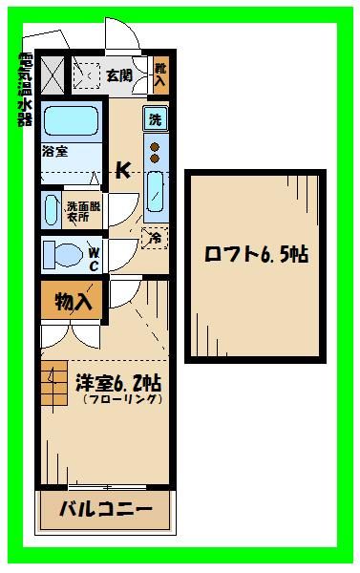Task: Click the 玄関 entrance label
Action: [118, 74]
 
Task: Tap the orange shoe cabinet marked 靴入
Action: [159, 74]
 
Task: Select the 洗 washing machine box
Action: [155, 120]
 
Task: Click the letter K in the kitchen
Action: [123, 171]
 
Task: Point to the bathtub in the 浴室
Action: [71, 122]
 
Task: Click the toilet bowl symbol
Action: [67, 256]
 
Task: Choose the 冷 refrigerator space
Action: [152, 238]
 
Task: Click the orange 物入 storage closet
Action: [73, 303]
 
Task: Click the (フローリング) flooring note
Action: [117, 401]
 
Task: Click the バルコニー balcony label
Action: [108, 509]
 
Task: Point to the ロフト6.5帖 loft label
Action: [255, 257]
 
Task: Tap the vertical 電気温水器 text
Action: [24, 90]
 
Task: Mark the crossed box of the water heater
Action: [51, 73]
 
